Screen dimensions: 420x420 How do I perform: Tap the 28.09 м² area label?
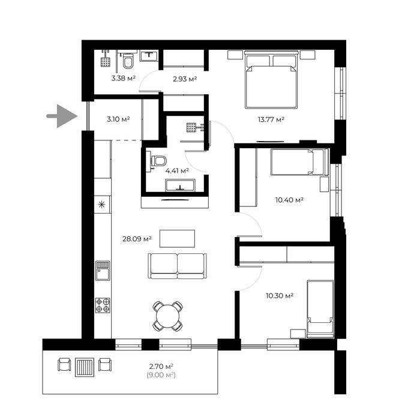coord(137,239)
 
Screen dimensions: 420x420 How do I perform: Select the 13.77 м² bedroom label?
coord(271,119)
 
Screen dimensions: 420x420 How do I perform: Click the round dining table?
coord(167,316)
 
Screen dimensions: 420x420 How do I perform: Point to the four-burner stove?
coord(103,305)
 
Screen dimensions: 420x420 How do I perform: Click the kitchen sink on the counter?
coord(103,271)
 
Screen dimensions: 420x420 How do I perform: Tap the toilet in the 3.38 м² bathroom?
coord(128,61)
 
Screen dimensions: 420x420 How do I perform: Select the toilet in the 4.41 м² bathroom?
coord(159,161)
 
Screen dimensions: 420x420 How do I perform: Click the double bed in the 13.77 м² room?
coord(271,80)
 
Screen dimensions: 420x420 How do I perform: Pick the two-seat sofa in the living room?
coord(177,266)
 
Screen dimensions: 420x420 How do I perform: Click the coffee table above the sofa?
coord(178,238)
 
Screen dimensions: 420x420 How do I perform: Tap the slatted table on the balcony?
coord(85,367)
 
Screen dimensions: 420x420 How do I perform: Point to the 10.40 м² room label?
coord(289,200)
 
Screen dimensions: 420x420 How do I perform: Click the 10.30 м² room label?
coord(280,296)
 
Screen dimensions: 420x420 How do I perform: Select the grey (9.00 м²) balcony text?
coord(161,375)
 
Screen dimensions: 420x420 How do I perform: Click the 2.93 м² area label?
coord(185,79)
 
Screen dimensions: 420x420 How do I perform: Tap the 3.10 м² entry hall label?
coord(118,119)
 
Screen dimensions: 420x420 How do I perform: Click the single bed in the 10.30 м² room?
coord(320,309)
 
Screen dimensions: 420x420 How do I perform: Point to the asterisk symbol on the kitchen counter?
coord(101,205)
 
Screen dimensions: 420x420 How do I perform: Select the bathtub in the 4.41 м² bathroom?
coord(180,185)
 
